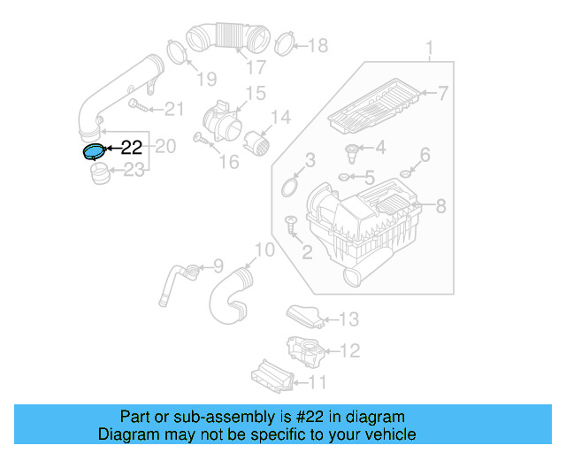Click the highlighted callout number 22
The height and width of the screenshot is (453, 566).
coord(130,149)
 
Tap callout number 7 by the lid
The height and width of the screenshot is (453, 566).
coord(442,93)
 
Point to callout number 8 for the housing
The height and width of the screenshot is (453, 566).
coord(440,206)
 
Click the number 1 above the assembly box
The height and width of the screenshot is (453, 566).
coord(430,47)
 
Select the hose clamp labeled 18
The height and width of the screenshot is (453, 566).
coord(284,42)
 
